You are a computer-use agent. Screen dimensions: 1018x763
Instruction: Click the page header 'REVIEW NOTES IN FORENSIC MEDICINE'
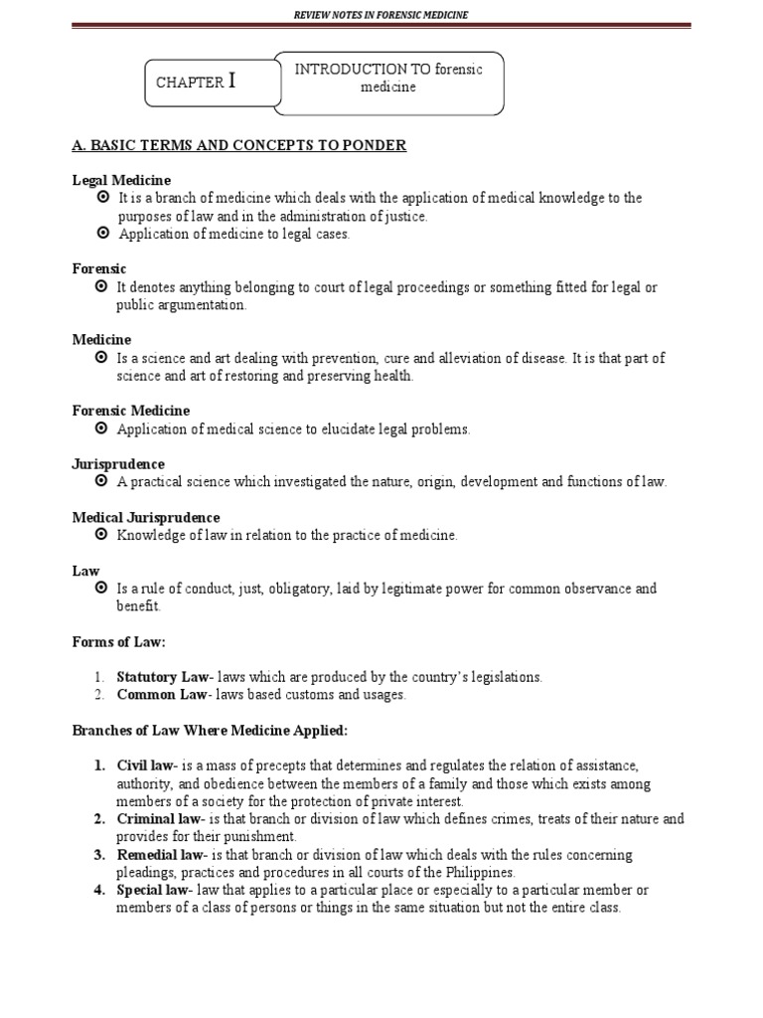381,14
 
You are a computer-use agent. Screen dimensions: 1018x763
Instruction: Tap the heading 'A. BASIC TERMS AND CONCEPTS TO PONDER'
239,146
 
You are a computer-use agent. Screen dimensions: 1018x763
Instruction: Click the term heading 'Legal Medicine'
121,180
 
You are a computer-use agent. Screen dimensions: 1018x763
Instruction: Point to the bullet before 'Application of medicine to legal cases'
102,234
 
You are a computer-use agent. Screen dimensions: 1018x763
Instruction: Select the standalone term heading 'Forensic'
99,268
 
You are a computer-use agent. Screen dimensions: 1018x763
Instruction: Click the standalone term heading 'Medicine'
101,340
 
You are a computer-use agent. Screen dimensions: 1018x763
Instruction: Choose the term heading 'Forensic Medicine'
130,411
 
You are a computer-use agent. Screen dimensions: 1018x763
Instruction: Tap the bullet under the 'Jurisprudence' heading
102,482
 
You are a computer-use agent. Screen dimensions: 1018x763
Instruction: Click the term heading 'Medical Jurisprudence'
146,517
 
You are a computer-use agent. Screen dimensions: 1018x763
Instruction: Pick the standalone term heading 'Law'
85,571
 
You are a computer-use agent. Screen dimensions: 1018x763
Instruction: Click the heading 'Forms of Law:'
118,642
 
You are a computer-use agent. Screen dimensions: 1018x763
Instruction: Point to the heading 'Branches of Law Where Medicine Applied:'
210,731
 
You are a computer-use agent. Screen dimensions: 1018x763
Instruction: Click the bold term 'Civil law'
146,765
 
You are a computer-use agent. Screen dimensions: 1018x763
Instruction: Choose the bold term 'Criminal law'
157,819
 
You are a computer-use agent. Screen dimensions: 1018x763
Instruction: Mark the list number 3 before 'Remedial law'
100,855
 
